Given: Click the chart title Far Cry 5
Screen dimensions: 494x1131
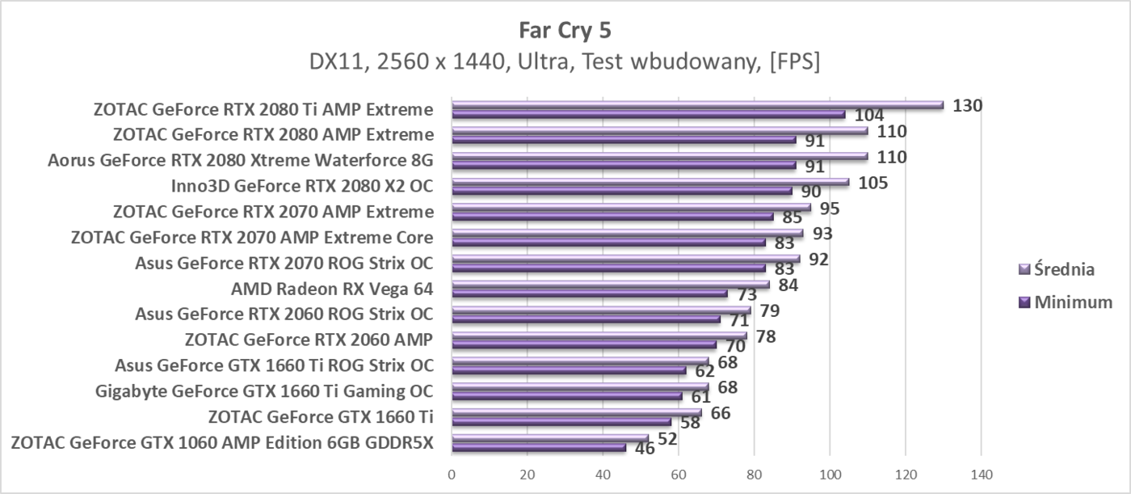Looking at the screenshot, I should pos(565,30).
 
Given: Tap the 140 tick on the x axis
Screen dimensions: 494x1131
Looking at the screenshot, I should pos(981,475).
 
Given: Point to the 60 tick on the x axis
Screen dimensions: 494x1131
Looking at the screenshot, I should pos(679,475).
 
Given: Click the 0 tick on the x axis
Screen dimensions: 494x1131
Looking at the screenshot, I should pos(452,475).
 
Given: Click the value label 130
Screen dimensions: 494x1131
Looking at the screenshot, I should pos(967,105).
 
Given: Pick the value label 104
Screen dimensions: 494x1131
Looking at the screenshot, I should pos(868,116).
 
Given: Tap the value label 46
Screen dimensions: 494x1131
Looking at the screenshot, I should pos(645,447).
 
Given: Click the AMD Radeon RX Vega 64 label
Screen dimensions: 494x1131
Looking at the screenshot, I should pos(332,289).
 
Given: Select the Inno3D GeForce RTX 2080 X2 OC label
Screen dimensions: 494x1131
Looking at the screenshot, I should pos(302,186).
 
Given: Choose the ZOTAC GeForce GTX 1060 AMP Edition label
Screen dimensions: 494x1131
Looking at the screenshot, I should pos(223,442).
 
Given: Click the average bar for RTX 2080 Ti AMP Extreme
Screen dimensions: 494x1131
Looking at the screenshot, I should pos(697,104).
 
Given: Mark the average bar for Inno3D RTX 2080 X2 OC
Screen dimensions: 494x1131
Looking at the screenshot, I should pos(650,182).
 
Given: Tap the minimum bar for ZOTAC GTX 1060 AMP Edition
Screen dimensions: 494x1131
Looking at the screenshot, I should pos(538,447).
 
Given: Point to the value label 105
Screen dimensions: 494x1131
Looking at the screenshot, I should pos(872,183).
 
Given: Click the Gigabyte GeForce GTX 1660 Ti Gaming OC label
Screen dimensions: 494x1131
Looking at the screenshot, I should pos(264,391).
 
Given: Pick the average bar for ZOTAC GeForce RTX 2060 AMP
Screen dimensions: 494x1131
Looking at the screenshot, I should pos(599,336).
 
